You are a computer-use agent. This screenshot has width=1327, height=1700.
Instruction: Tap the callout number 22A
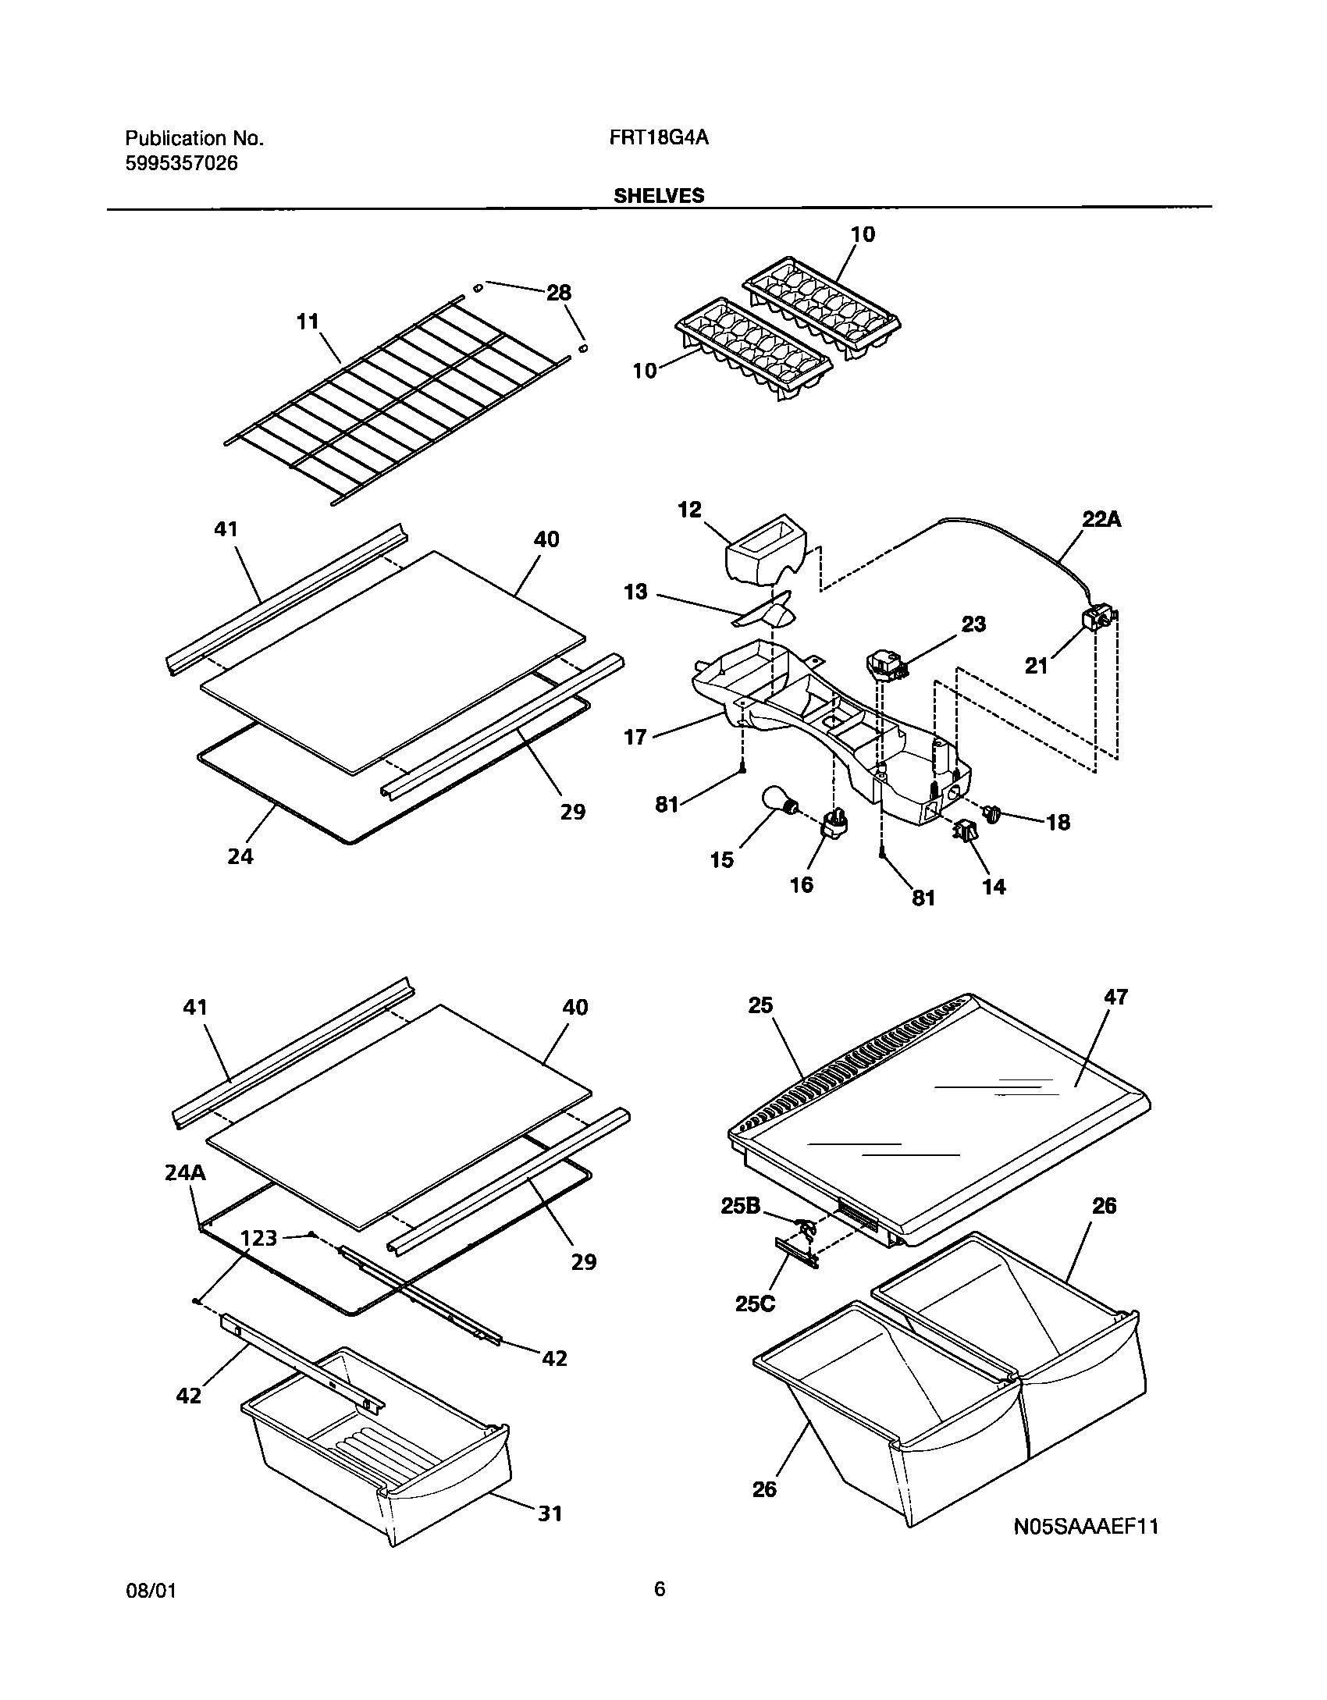[x=1101, y=519]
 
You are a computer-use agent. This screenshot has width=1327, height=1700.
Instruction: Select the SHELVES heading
[x=658, y=196]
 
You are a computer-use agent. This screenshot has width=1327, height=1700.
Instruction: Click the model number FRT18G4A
[x=658, y=138]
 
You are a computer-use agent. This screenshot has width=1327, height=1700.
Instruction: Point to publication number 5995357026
[x=182, y=164]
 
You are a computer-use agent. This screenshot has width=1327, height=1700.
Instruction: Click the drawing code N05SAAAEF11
[x=1086, y=1549]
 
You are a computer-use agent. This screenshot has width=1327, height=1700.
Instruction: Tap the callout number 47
[x=1116, y=997]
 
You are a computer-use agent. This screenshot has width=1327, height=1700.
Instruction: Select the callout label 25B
[x=741, y=1206]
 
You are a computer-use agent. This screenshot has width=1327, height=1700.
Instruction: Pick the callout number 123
[x=259, y=1237]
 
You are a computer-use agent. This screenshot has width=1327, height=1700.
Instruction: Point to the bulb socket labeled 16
[x=834, y=826]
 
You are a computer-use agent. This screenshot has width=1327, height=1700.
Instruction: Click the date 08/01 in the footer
[x=150, y=1590]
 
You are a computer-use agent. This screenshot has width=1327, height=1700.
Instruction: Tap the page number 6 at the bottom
[x=660, y=1588]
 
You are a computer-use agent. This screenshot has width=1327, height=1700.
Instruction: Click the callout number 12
[x=689, y=510]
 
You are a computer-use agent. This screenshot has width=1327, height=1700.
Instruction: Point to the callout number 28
[x=558, y=293]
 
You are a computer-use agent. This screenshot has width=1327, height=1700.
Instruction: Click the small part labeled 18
[x=993, y=814]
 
